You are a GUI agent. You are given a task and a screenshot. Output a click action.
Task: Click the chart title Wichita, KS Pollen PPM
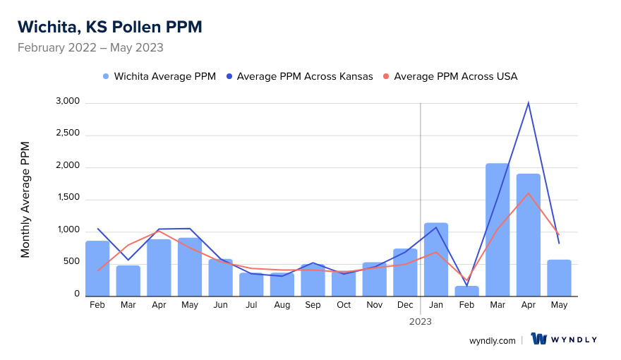coord(109,27)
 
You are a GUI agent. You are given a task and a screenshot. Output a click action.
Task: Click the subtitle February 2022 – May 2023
coord(90,48)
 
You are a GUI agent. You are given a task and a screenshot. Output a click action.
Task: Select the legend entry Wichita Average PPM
coord(159,76)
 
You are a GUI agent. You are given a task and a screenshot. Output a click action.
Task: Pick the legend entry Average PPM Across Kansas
coord(299,76)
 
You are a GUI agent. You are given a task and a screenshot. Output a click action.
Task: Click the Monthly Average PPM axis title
coord(25,200)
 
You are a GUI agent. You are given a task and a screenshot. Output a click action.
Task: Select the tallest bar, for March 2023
coord(498,229)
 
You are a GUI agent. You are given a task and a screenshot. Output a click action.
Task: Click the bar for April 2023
coord(528,234)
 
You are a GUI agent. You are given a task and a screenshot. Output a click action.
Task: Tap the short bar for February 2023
coord(466,291)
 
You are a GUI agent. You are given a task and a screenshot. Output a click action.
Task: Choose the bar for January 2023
coord(436,259)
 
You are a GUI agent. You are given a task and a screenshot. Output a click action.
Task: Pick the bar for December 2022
coord(405,272)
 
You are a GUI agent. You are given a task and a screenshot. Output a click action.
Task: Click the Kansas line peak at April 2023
coord(528,103)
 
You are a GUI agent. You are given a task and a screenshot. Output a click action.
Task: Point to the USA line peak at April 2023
coord(528,193)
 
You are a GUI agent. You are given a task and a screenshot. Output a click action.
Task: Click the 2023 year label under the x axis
coord(421,321)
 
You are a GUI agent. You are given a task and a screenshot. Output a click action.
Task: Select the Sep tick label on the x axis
coord(313,305)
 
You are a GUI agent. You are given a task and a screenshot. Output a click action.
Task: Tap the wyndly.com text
coord(493,340)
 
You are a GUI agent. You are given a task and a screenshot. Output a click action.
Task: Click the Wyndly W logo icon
coord(539,340)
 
